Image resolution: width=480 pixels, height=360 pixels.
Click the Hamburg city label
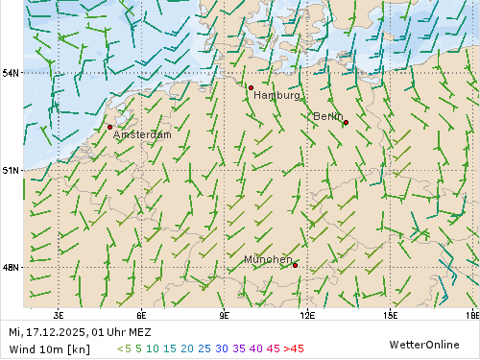[277, 96]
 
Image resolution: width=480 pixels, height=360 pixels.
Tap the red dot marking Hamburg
[251, 87]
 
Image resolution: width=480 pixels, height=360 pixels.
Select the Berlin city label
[327, 116]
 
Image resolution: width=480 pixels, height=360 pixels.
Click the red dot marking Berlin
[346, 123]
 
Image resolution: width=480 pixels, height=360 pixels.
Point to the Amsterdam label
[142, 135]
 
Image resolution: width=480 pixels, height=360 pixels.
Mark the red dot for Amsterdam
[109, 127]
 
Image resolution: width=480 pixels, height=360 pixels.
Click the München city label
[268, 260]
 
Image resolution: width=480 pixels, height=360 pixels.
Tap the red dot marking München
[295, 265]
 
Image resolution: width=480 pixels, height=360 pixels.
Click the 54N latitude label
[11, 73]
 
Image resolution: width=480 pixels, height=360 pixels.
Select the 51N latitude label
[11, 170]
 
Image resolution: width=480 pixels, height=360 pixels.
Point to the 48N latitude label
[11, 267]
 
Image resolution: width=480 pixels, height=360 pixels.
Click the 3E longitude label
[59, 314]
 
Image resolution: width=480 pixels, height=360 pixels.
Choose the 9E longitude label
[225, 314]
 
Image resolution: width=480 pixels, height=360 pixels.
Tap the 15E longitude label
[390, 314]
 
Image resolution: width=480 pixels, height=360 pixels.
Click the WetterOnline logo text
[423, 344]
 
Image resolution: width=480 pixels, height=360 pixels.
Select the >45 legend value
[294, 348]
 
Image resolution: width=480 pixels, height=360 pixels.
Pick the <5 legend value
[124, 348]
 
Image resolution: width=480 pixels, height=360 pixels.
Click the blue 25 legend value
[204, 348]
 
